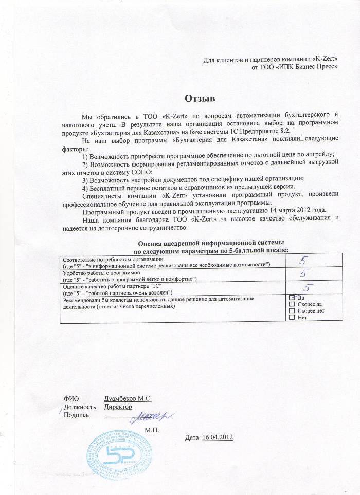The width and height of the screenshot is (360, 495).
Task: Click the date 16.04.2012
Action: click(219, 437)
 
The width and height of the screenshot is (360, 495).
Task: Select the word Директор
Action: click(118, 407)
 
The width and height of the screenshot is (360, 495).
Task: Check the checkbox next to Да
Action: click(292, 297)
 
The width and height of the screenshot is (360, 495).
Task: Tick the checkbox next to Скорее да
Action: click(292, 304)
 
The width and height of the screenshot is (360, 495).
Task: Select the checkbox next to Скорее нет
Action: click(292, 311)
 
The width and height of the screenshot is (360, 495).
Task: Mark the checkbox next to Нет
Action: click(292, 318)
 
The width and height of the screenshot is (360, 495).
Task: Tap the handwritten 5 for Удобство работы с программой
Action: click(304, 274)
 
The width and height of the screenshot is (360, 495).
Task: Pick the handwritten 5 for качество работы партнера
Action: click(309, 287)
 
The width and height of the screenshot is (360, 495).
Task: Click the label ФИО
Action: click(70, 398)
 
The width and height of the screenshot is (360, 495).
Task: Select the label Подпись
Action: click(76, 415)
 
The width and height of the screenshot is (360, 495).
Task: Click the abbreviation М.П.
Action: click(152, 429)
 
